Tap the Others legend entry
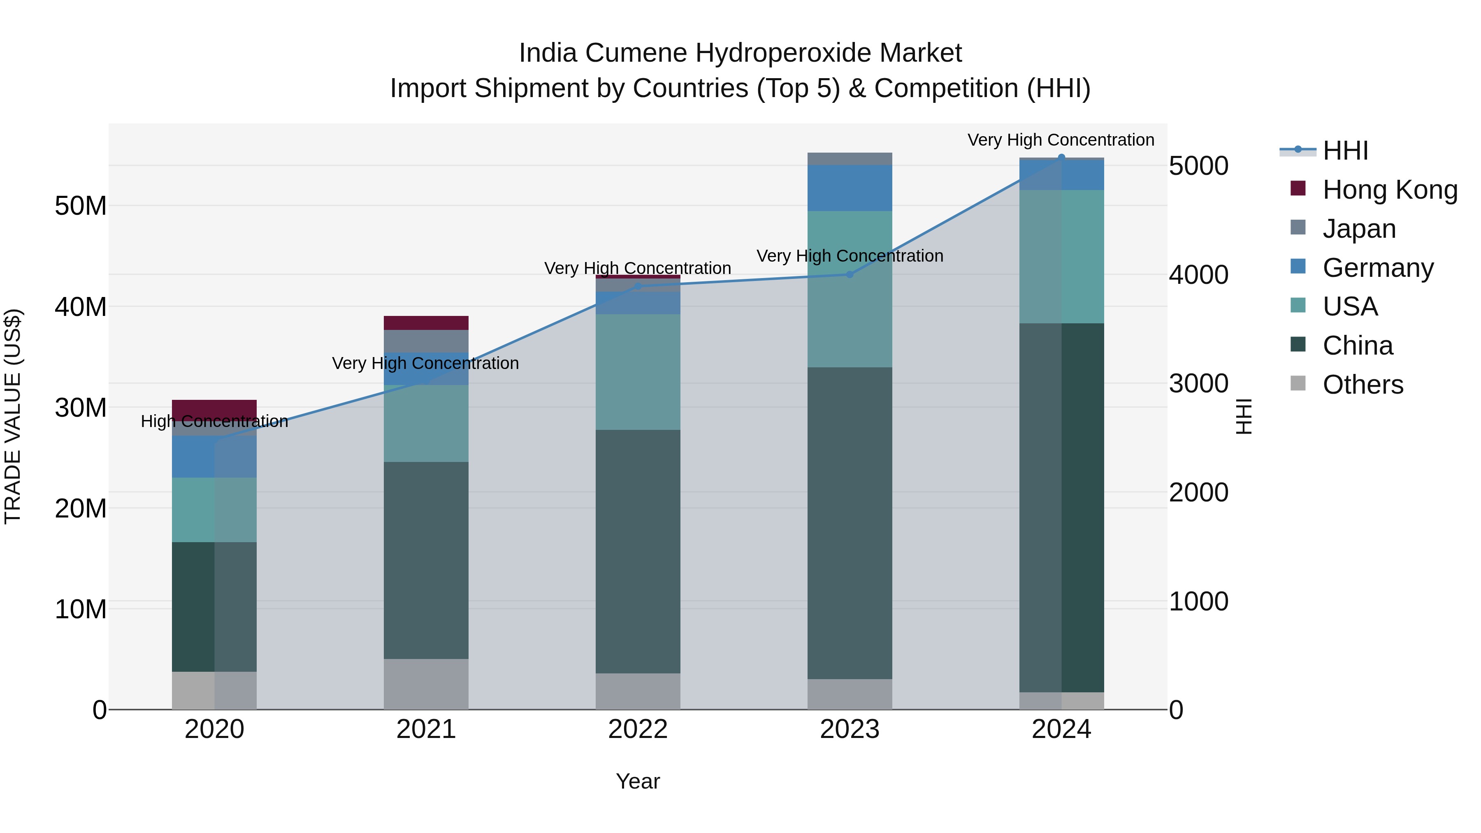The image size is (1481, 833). coord(1362,385)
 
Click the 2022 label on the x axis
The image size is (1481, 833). coord(638,729)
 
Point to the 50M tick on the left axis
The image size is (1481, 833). coord(81,206)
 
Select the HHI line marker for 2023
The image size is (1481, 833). coord(850,274)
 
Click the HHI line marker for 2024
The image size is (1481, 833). coord(1061,158)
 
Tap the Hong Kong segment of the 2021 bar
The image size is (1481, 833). coord(426,323)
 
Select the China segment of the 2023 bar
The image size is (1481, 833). coord(850,523)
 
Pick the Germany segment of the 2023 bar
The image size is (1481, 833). coord(850,188)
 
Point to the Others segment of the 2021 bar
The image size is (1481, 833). coord(426,684)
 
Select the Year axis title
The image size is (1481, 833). coord(638,781)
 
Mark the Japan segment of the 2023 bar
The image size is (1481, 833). coord(850,159)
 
